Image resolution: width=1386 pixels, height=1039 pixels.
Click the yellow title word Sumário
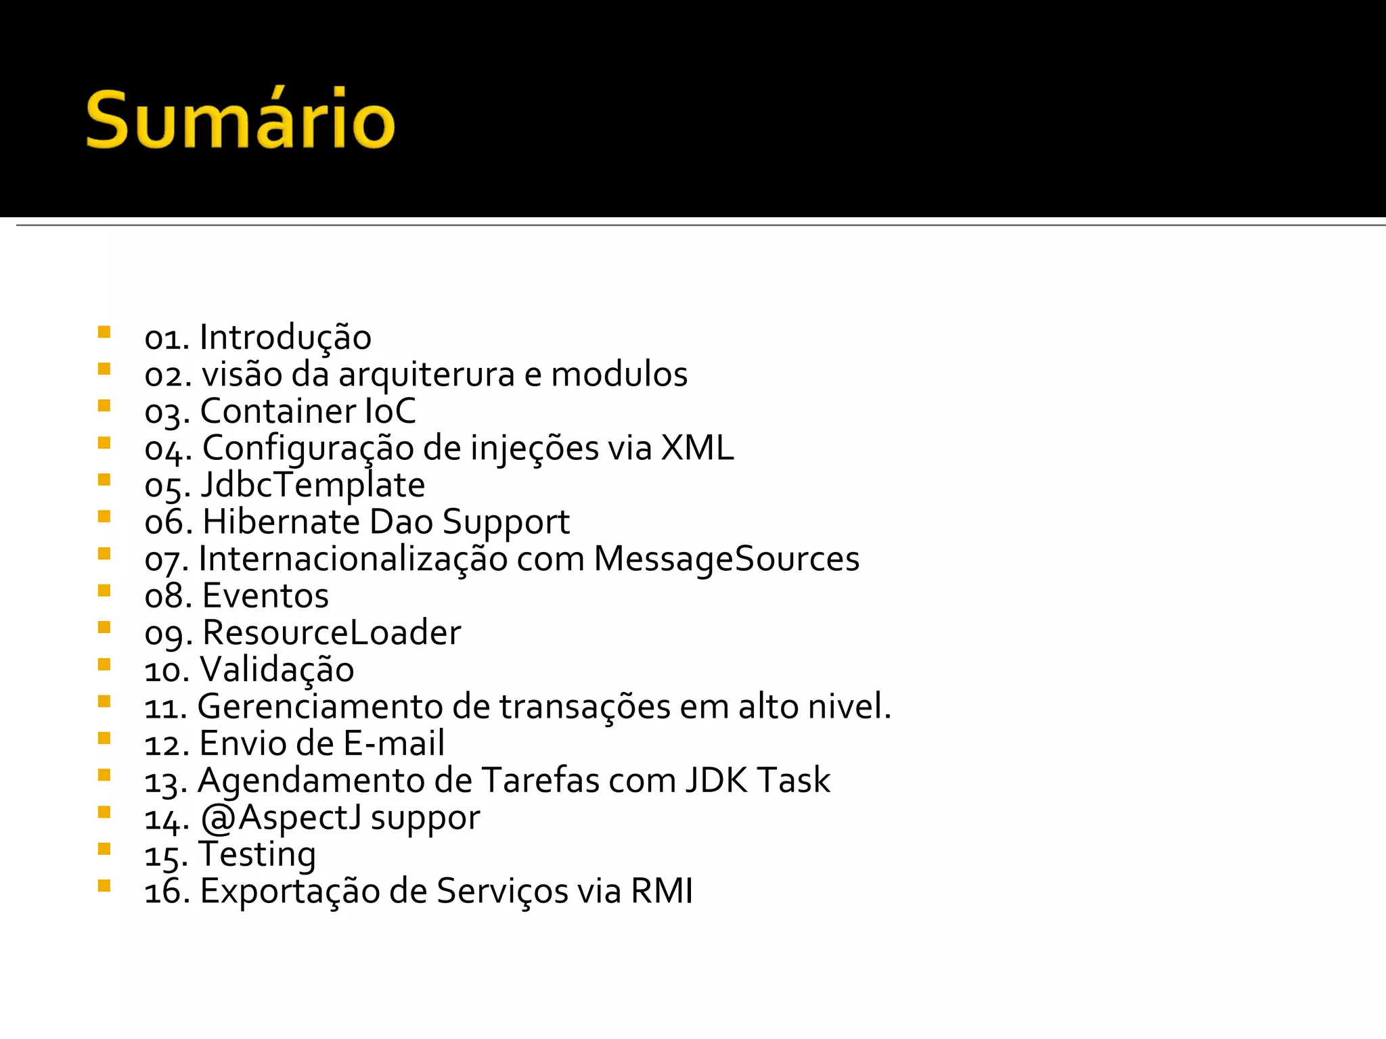(240, 120)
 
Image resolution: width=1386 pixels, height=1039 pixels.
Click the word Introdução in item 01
(285, 338)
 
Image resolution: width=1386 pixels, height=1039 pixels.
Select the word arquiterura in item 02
(426, 375)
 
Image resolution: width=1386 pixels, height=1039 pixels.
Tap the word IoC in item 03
(390, 411)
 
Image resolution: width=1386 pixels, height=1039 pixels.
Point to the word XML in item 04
(697, 448)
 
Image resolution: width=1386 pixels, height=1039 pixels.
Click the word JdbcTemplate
(313, 485)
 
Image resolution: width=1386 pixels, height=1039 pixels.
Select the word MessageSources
(726, 559)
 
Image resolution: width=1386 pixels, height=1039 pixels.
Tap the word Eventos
(265, 596)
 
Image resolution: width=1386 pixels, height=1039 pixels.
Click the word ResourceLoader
(332, 633)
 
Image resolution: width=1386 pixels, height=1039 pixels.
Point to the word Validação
(277, 670)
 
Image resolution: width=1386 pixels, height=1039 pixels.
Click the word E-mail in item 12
(394, 743)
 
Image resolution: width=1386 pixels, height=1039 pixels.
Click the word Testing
(257, 854)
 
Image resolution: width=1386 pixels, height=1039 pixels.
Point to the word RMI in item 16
(661, 891)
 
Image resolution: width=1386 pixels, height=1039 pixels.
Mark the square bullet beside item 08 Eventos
(104, 591)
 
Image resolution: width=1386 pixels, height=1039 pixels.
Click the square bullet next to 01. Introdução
(104, 332)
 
